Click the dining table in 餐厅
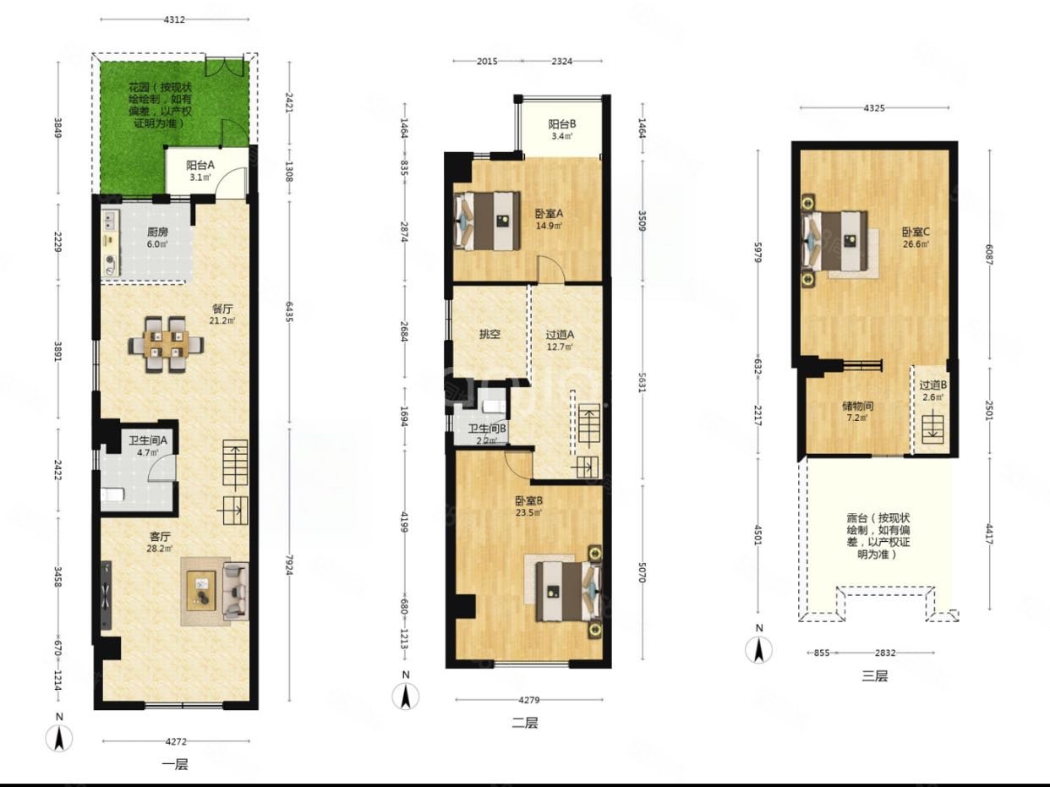166,344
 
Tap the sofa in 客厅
235,591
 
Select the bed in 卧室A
486,221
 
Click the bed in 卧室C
834,242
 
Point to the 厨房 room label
157,232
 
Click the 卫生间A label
148,440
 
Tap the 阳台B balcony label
562,124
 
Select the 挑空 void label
489,334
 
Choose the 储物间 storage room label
858,407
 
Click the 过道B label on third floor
932,385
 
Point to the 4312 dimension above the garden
174,19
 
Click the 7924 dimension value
289,566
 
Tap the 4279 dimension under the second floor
529,700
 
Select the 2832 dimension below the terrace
885,653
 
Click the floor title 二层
525,723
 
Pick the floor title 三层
874,676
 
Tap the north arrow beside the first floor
59,738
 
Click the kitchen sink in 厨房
110,221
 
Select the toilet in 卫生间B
493,407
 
